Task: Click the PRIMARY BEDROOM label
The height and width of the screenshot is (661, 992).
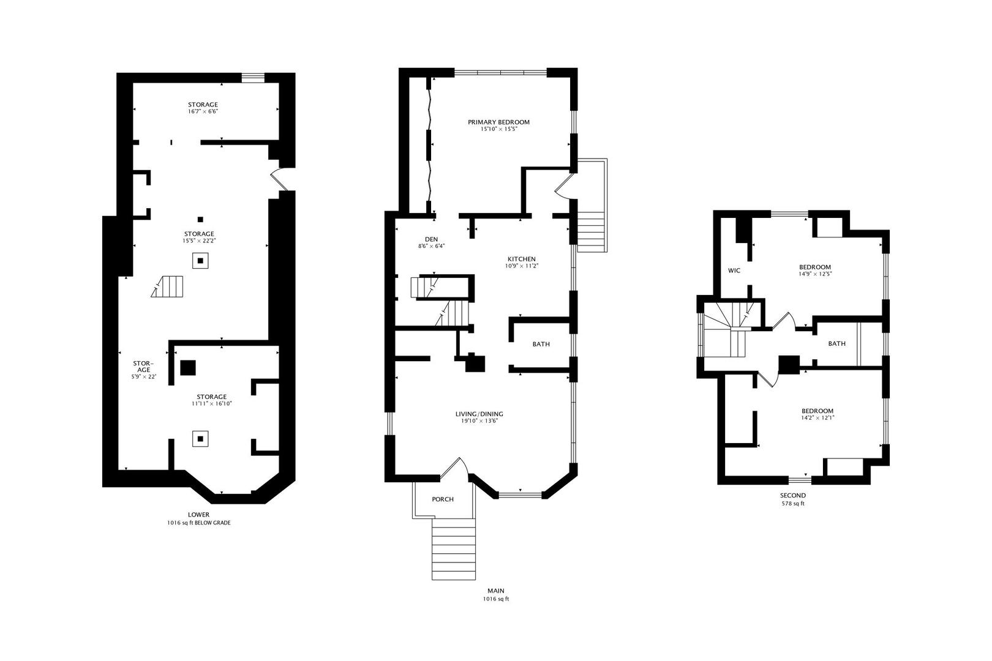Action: tap(498, 122)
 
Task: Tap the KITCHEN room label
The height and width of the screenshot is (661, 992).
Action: tap(521, 259)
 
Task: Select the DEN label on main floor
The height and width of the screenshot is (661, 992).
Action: tap(431, 239)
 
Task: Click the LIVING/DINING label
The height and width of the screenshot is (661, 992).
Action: tap(482, 414)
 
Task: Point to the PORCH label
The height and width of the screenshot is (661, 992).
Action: tap(443, 499)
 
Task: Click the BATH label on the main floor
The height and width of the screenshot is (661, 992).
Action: tap(541, 344)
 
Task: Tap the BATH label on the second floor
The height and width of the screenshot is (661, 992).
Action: tap(836, 343)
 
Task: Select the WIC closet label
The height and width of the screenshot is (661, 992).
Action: tap(734, 271)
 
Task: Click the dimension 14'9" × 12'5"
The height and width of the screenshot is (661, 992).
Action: tap(815, 274)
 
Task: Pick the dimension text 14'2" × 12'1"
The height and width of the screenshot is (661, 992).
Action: tap(817, 417)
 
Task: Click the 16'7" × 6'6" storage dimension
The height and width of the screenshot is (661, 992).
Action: tap(203, 111)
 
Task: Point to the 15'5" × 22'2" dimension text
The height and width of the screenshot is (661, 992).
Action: tap(199, 241)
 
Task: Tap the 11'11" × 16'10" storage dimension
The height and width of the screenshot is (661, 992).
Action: tap(211, 403)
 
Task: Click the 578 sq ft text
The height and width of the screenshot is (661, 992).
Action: tap(793, 504)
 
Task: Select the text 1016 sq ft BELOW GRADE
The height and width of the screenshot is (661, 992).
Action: tap(199, 523)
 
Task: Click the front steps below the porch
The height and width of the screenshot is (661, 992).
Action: tap(454, 549)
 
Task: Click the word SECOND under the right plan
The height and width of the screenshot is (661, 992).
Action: tap(793, 495)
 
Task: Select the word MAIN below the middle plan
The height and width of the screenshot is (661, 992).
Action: tap(495, 591)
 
